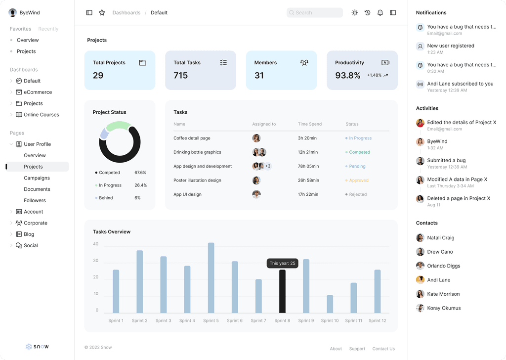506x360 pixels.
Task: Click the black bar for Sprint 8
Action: coord(282,291)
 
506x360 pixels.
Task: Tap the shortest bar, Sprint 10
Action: coord(330,304)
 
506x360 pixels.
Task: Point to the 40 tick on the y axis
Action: coord(96,244)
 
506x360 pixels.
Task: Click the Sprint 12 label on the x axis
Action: coord(377,321)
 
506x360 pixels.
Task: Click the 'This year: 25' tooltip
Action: coord(282,264)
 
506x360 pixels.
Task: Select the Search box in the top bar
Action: coord(315,13)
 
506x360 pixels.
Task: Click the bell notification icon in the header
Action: coord(380,13)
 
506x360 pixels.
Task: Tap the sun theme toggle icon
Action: coord(355,13)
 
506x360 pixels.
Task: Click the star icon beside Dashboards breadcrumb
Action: coord(102,13)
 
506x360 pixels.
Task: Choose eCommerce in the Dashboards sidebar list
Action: coord(38,92)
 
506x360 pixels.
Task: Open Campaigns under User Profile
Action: coord(37,178)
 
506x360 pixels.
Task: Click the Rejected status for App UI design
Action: coord(358,194)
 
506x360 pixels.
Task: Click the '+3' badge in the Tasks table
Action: coord(268,166)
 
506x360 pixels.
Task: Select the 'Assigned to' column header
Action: coord(264,124)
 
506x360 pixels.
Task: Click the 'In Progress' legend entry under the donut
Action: coord(110,185)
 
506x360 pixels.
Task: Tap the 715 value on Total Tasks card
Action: coord(181,76)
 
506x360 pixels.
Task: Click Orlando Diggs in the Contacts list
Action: coord(443,266)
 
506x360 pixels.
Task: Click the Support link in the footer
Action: coord(357,349)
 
